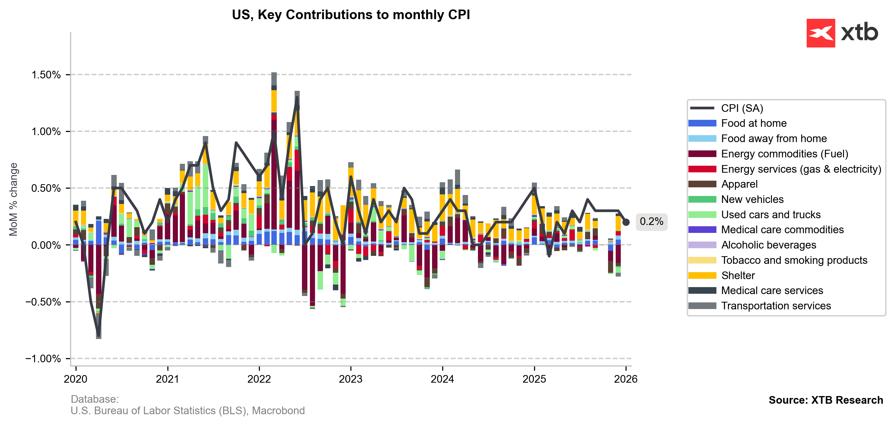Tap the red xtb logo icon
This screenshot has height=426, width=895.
(820, 33)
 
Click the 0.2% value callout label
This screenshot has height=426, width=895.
(651, 221)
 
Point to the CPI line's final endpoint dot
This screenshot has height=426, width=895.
(626, 222)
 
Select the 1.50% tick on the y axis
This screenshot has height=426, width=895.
(46, 75)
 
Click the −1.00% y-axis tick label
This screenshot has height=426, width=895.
(43, 359)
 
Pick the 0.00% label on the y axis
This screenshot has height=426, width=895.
(46, 245)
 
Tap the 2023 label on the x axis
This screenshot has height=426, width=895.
(350, 379)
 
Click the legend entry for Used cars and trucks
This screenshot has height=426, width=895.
(771, 214)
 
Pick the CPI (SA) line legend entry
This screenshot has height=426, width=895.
(742, 108)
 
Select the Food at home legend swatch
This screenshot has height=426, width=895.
(702, 123)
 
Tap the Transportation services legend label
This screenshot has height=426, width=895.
(776, 306)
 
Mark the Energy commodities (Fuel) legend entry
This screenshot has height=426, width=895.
(784, 154)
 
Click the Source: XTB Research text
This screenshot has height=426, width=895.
(825, 400)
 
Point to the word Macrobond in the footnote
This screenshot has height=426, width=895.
(278, 411)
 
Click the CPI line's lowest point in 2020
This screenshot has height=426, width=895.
(99, 336)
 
